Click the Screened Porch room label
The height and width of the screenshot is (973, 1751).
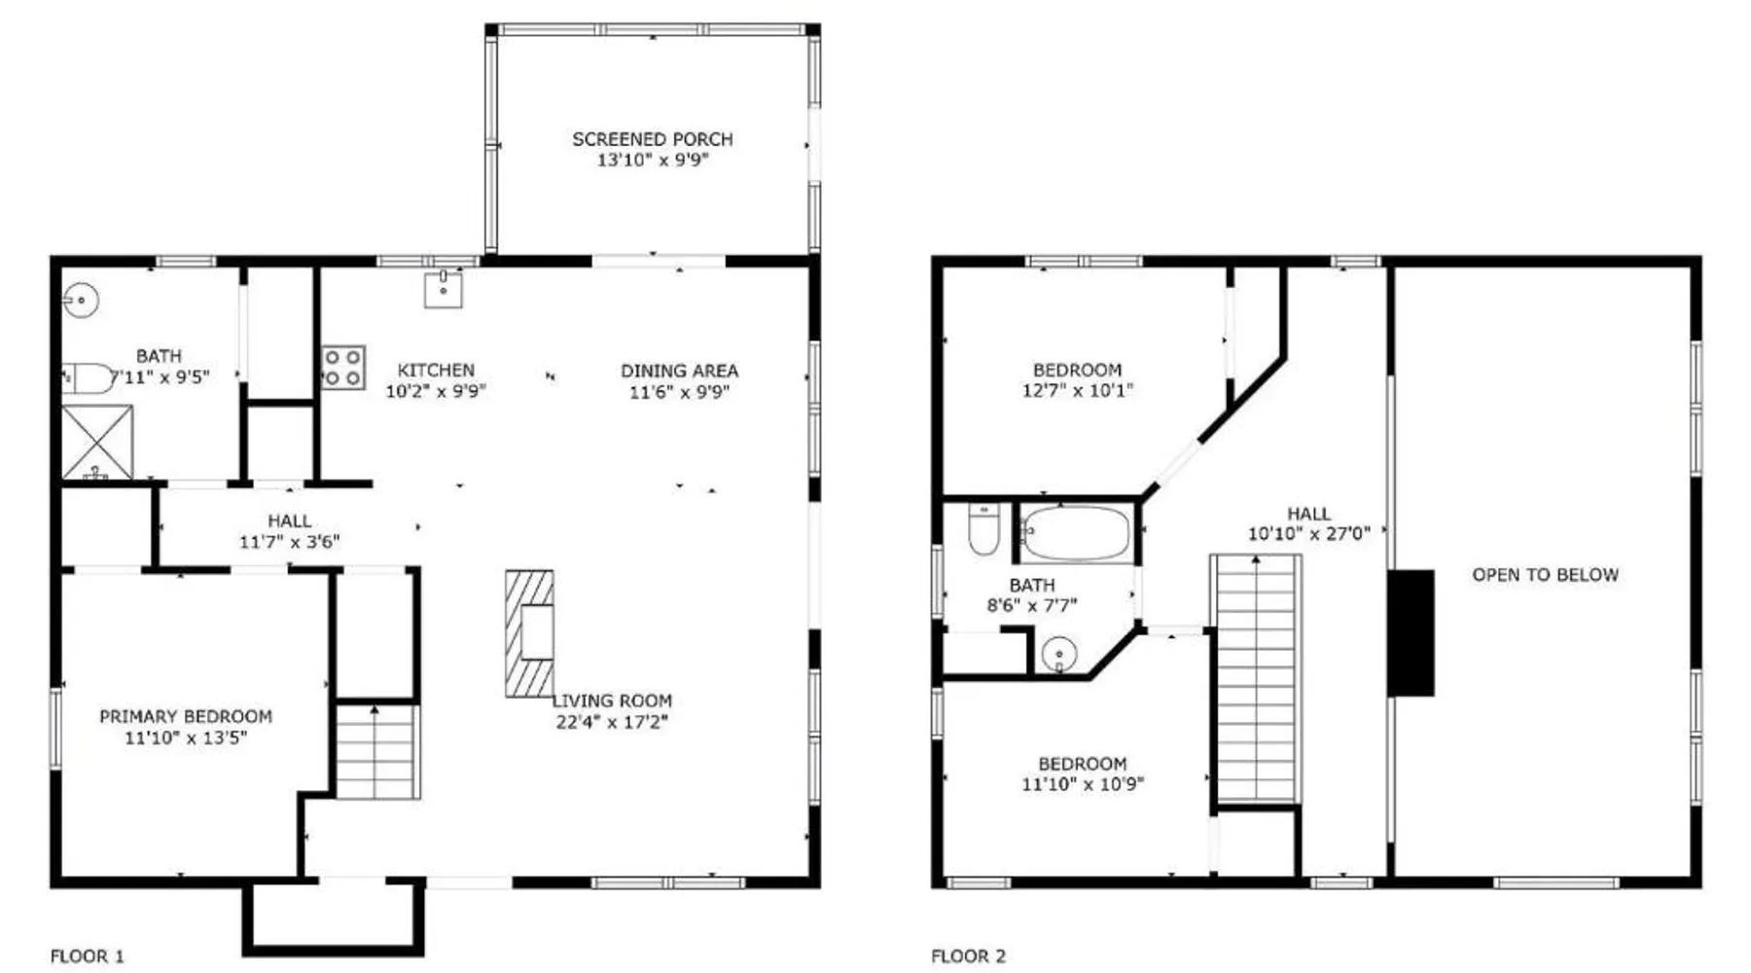[653, 139]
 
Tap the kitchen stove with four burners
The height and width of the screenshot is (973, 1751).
[343, 368]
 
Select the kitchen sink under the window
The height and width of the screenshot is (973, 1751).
[444, 289]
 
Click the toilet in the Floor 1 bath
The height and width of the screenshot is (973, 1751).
[89, 378]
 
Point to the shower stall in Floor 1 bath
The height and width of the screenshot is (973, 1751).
[97, 443]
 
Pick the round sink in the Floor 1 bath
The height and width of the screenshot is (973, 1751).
[82, 300]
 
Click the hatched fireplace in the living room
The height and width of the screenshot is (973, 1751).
[529, 633]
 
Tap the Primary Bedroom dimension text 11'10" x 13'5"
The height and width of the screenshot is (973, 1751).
[186, 738]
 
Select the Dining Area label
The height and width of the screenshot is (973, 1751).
[679, 371]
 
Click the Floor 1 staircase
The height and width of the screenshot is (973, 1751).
[378, 750]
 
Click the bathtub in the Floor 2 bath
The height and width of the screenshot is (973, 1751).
[1077, 533]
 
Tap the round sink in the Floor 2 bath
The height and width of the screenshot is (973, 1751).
[1059, 654]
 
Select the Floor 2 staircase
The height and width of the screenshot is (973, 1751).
[1256, 678]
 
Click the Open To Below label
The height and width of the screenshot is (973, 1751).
[1545, 574]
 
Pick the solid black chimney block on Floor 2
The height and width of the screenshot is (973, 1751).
[1411, 633]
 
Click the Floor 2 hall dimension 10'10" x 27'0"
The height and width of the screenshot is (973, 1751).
[1308, 533]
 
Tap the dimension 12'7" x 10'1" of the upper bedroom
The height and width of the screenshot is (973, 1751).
[1078, 390]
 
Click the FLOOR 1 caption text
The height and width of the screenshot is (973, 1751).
[88, 956]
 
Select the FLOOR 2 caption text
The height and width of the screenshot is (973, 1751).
[968, 956]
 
